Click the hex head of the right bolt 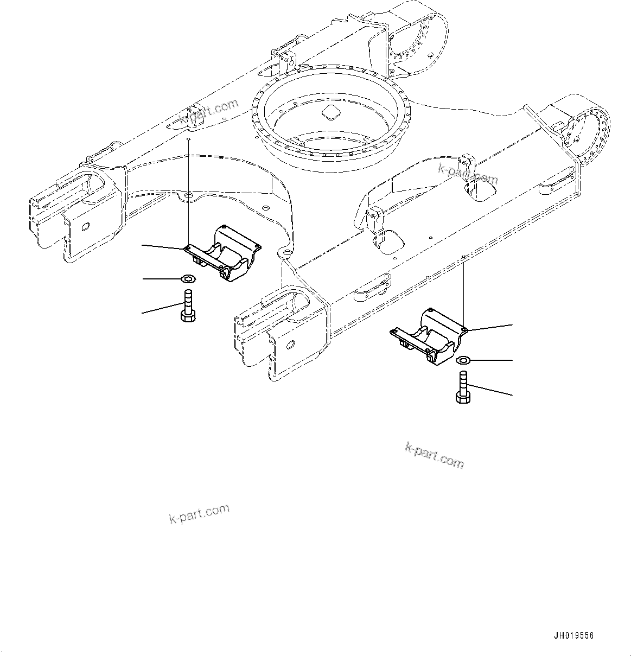463,398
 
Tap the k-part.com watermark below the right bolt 435,455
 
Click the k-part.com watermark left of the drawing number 199,513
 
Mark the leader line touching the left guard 163,247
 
